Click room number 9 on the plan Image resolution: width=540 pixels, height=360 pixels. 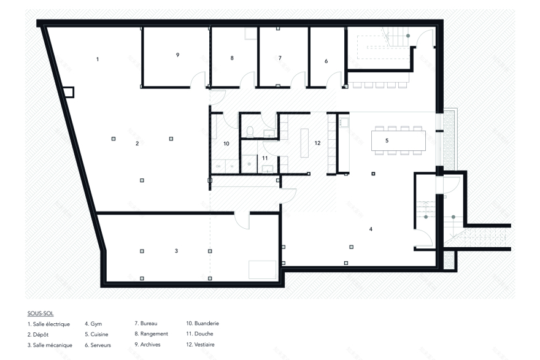click(177, 55)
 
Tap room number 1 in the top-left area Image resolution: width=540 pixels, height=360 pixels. click(98, 59)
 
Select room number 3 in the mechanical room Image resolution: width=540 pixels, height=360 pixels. click(176, 251)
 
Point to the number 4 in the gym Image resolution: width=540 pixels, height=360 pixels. click(371, 229)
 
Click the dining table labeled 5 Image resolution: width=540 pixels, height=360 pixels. click(399, 140)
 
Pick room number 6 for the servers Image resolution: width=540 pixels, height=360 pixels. click(326, 61)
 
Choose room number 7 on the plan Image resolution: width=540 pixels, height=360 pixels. click(280, 58)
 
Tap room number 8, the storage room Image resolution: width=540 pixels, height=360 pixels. click(232, 58)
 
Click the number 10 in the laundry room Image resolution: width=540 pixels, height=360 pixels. click(226, 144)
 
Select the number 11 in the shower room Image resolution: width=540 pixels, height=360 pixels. click(265, 158)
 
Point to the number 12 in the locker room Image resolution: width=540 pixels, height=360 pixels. click(317, 143)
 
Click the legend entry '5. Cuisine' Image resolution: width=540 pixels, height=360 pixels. click(98, 334)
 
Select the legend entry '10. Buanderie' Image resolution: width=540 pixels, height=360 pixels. click(202, 323)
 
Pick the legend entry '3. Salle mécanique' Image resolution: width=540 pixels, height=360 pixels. click(50, 345)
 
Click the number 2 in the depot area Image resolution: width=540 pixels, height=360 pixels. click(137, 144)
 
